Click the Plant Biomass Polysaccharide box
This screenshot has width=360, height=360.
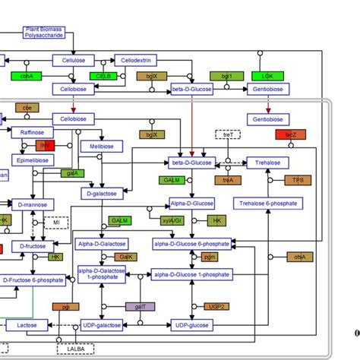[45, 33]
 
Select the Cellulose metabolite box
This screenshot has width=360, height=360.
[74, 59]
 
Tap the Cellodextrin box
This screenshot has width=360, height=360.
[136, 59]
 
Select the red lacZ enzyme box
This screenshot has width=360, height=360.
[291, 134]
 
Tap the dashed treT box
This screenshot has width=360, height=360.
[227, 134]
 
